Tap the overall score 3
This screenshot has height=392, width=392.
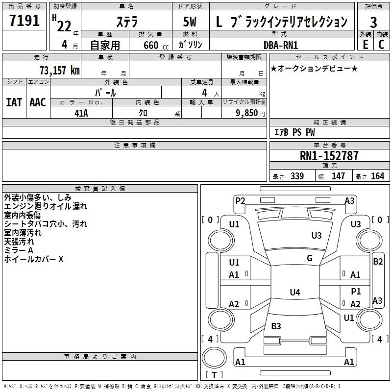(373, 23)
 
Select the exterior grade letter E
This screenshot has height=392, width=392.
(365, 44)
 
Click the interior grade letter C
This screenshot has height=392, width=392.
(381, 44)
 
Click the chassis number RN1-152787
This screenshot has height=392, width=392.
(329, 156)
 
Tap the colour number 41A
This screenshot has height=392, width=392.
(81, 112)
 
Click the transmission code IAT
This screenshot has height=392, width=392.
(14, 102)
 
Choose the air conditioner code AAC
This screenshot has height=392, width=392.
(38, 102)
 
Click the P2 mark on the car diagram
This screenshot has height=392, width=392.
(240, 200)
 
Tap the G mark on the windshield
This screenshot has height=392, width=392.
(310, 258)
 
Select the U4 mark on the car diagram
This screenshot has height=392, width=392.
(294, 293)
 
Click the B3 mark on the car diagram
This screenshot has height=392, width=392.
(276, 326)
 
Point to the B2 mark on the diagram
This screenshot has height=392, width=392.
(378, 262)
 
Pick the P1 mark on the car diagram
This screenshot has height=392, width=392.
(356, 292)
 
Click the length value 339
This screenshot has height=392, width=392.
(297, 176)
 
